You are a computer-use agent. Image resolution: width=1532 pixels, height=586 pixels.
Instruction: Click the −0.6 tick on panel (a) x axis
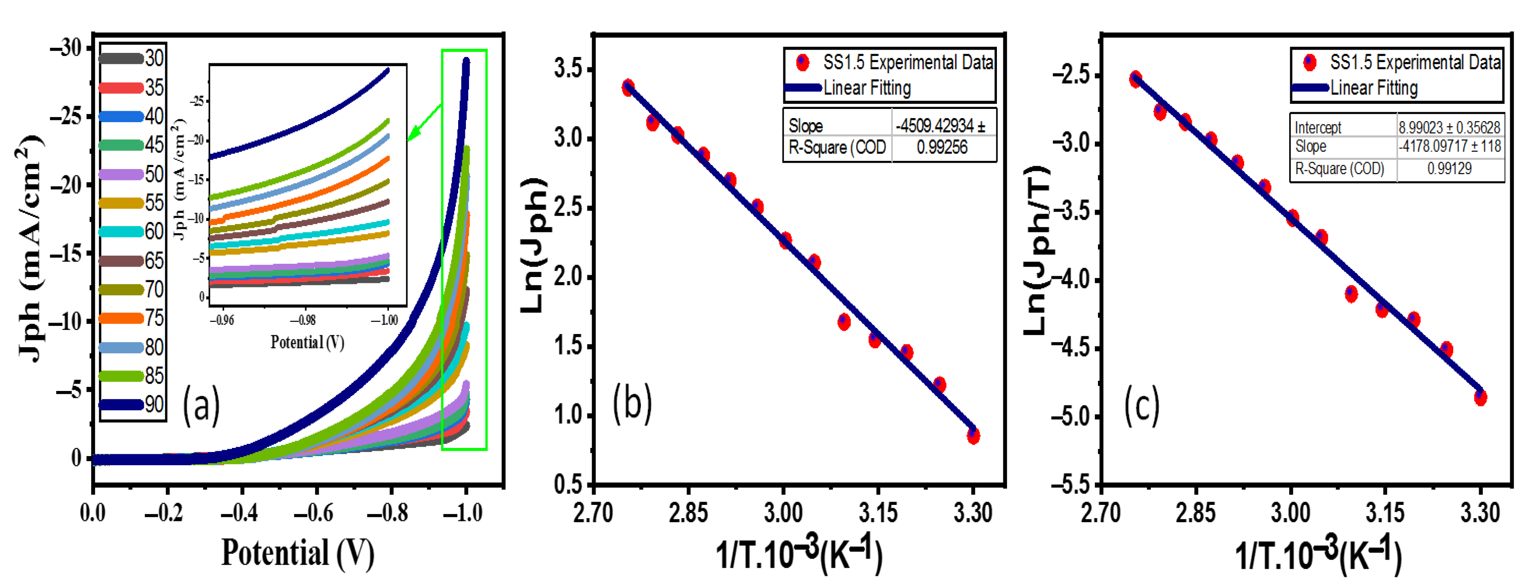tap(316, 512)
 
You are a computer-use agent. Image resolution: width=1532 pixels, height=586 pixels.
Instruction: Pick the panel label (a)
tap(201, 406)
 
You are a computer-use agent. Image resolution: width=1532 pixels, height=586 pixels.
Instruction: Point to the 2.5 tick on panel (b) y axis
tap(567, 208)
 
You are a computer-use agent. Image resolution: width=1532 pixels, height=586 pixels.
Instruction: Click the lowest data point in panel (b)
tap(973, 436)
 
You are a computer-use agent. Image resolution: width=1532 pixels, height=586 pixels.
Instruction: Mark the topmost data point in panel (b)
tap(628, 87)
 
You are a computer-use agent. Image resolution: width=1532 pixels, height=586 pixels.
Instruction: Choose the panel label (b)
tap(632, 403)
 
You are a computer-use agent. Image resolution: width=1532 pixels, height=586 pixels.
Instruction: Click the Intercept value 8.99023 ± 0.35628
tap(1449, 127)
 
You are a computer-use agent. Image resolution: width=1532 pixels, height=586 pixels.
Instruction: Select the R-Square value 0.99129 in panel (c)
tap(1449, 168)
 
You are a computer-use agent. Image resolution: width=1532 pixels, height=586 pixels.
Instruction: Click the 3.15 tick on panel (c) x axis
tap(1385, 512)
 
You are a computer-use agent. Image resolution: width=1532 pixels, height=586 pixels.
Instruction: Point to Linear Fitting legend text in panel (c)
tap(1374, 88)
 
